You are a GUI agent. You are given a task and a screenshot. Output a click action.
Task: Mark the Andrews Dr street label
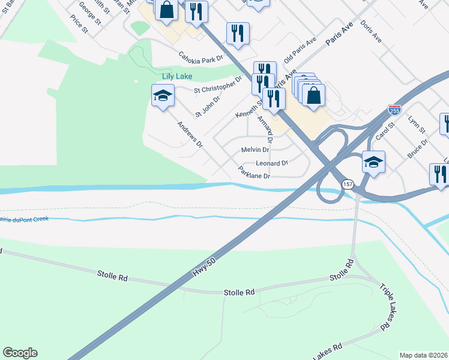click(x=190, y=135)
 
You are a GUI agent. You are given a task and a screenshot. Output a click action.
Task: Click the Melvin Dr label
click(x=255, y=149)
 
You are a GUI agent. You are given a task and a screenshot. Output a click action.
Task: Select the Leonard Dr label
click(x=272, y=163)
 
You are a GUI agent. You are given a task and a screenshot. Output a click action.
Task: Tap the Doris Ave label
click(x=372, y=31)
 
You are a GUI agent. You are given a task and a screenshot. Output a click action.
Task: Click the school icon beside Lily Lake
click(x=163, y=95)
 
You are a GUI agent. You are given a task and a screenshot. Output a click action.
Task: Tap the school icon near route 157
click(x=373, y=162)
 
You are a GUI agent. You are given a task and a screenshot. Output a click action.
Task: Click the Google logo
click(x=20, y=353)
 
